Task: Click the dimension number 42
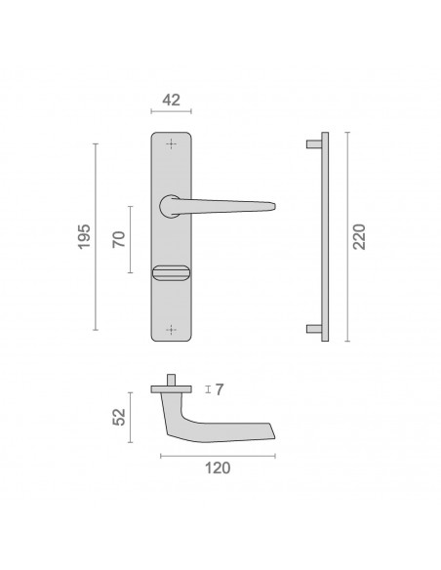(x=171, y=100)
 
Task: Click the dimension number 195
(x=84, y=236)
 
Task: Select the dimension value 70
(x=119, y=239)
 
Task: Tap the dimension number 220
(x=360, y=236)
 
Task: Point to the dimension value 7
(x=220, y=389)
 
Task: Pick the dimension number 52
(x=119, y=417)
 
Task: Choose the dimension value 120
(x=218, y=468)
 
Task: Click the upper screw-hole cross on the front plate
(x=171, y=143)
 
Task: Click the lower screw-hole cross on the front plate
(x=171, y=330)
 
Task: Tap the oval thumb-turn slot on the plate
(x=171, y=273)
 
